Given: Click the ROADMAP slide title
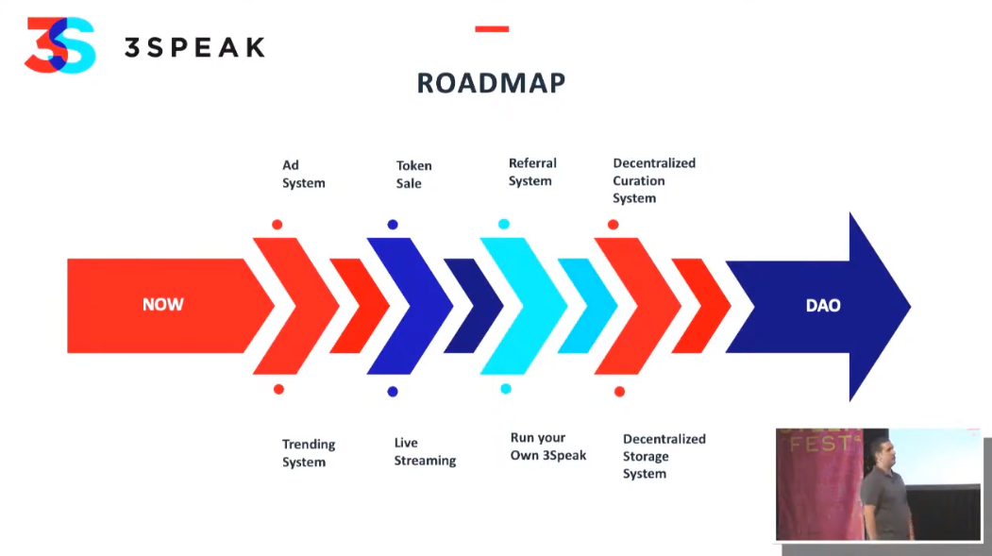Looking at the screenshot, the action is coord(491,83).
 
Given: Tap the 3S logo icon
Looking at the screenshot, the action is coord(60,45).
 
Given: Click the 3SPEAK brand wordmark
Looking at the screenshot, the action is coord(194,47).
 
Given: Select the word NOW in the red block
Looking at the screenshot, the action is coord(162,305).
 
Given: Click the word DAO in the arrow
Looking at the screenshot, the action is coord(823,306).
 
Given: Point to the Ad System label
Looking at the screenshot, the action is coord(304,174).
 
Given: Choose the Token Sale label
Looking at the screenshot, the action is coord(413,175).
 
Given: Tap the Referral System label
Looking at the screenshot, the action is coord(532,172).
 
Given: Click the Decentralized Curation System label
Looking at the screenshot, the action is coord(654,180).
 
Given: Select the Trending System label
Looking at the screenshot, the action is coord(309,453).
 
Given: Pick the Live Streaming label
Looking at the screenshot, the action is coord(425,451).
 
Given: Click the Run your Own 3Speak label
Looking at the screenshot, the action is coord(548,446).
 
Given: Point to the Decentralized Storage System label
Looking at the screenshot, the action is coord(664,456).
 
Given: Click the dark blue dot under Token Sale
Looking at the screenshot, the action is coord(393,225).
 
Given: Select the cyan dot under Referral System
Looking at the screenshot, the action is coord(504,224).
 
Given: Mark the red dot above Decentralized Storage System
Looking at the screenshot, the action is coord(619,392).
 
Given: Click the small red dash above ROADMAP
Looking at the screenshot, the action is coord(492,28).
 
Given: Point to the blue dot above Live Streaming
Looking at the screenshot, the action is coord(393,392).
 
